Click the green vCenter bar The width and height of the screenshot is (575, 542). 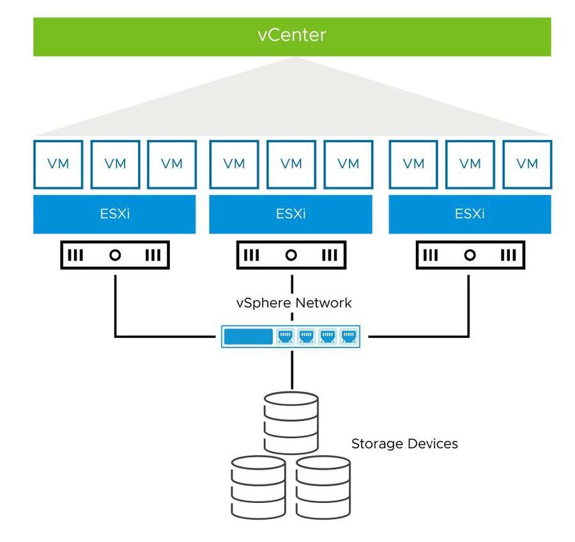tap(292, 37)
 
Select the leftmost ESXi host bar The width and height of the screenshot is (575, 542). tap(114, 214)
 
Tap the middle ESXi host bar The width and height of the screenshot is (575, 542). tap(291, 214)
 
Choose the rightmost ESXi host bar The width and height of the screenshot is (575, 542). tap(470, 214)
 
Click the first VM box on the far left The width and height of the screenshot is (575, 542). tap(58, 164)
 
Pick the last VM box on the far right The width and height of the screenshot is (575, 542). tap(527, 164)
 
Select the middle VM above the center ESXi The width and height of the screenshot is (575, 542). tap(291, 164)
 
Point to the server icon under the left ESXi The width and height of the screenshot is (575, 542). tap(114, 255)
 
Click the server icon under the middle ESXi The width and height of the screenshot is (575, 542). tap(291, 255)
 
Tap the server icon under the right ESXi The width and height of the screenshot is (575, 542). tap(470, 255)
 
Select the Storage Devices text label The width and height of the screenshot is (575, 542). tap(404, 443)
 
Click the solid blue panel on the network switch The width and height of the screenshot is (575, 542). tap(248, 336)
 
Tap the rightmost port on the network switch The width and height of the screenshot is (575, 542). tap(348, 336)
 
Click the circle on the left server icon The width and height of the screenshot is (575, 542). tap(114, 255)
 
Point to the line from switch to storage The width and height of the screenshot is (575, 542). tap(291, 369)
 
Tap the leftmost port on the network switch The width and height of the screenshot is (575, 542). tap(284, 336)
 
